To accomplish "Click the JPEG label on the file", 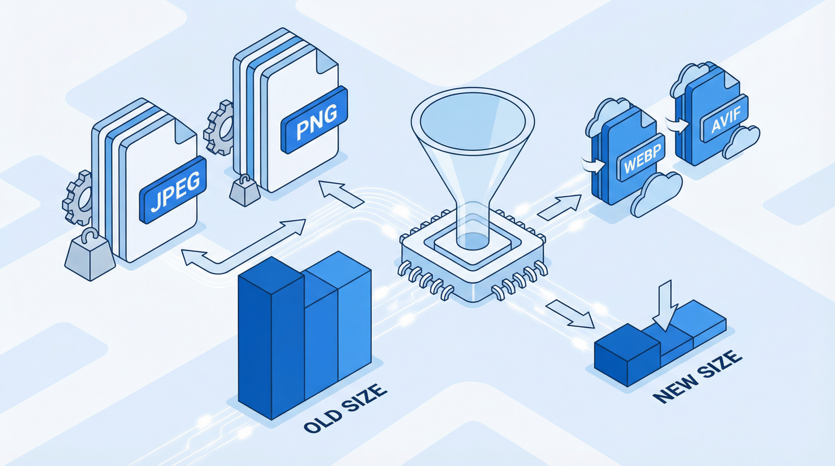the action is (x=173, y=190).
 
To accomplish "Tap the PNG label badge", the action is (x=314, y=120).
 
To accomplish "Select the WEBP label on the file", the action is (x=641, y=158).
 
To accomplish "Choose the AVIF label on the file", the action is (x=725, y=119).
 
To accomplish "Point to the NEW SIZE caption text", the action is (x=697, y=377).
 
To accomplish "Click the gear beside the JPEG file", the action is (x=77, y=198).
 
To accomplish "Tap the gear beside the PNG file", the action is (x=219, y=127).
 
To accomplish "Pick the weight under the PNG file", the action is (x=245, y=190).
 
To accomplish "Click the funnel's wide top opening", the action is (x=473, y=118).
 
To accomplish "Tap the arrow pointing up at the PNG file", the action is (x=341, y=194).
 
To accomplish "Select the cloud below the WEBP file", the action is (x=656, y=194).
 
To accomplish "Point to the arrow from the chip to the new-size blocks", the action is (x=570, y=314).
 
